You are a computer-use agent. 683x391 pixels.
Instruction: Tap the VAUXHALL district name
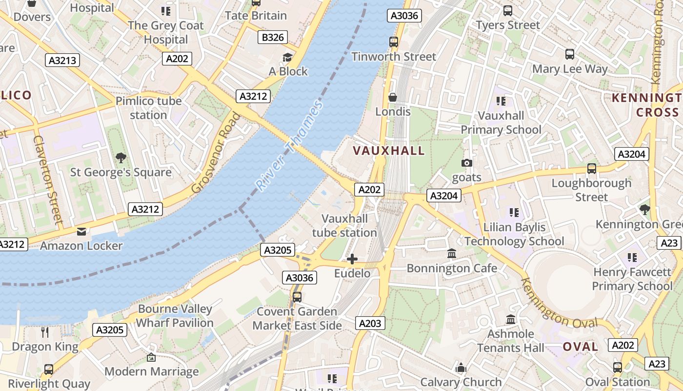coord(389,151)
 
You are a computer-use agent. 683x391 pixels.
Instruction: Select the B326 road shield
coord(273,37)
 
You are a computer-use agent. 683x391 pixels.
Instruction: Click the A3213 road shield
coord(63,60)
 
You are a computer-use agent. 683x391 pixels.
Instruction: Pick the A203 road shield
coord(370,323)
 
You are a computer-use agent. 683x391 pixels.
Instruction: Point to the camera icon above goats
coord(467,163)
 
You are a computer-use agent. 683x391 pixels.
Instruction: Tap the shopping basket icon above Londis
coord(393,97)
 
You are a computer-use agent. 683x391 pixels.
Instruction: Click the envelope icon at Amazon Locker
coord(81,231)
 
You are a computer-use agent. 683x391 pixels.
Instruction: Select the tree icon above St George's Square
coord(121,158)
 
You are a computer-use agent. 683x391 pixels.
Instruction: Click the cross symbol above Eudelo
coord(352,259)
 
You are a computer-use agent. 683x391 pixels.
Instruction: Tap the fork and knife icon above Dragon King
coord(45,332)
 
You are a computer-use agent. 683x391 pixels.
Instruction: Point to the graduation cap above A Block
coord(288,57)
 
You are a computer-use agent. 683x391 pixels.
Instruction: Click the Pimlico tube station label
coord(148,108)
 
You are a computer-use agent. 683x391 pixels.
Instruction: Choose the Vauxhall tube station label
coord(344,225)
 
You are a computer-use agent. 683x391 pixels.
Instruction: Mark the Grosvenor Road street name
coord(216,153)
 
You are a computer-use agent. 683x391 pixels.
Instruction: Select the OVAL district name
coord(580,347)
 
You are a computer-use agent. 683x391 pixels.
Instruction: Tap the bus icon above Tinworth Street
coord(394,42)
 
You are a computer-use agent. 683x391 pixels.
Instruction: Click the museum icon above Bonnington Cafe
coord(452,254)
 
